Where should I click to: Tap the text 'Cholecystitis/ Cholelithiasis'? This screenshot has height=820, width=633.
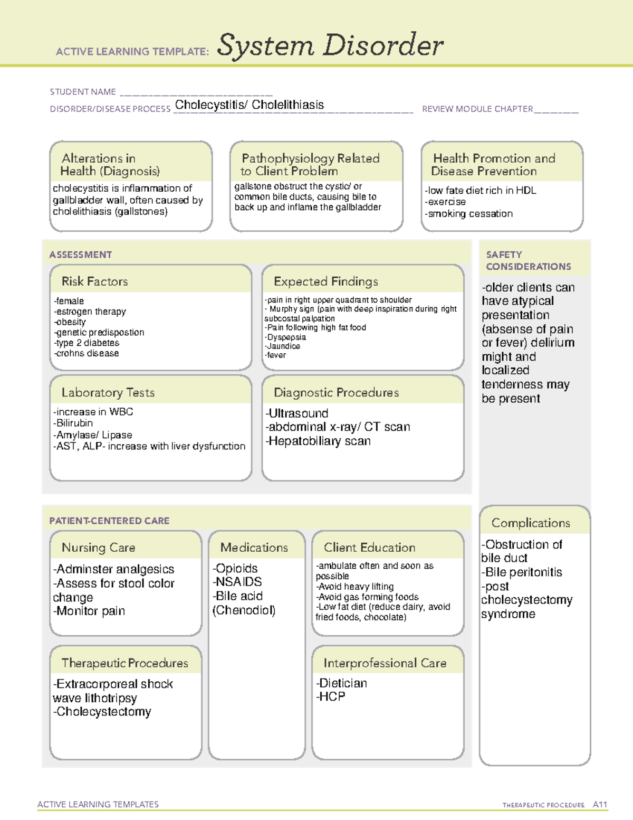[249, 105]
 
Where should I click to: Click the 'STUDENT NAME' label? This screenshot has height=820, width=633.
[83, 92]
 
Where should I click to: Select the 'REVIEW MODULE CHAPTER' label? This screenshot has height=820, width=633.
[477, 109]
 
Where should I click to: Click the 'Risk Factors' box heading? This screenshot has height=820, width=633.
[94, 281]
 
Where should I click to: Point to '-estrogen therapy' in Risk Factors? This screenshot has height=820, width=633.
[90, 312]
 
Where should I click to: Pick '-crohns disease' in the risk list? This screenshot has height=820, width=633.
[87, 353]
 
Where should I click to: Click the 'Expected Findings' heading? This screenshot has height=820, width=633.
[325, 281]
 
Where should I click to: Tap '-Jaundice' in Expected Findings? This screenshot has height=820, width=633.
[283, 346]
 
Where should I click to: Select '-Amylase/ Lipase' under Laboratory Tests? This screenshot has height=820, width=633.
[93, 435]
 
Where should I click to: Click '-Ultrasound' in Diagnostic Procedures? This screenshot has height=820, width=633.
[297, 413]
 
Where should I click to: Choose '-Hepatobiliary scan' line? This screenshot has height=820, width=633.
[318, 441]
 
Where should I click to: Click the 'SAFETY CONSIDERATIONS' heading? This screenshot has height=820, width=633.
[528, 261]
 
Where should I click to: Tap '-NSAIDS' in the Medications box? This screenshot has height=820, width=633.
[237, 582]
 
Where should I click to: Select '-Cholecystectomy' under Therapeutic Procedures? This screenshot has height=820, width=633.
[102, 712]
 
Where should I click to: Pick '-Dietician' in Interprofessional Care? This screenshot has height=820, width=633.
[342, 683]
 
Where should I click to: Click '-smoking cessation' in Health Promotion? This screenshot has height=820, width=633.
[469, 214]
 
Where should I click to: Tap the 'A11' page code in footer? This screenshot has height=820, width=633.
[600, 805]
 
